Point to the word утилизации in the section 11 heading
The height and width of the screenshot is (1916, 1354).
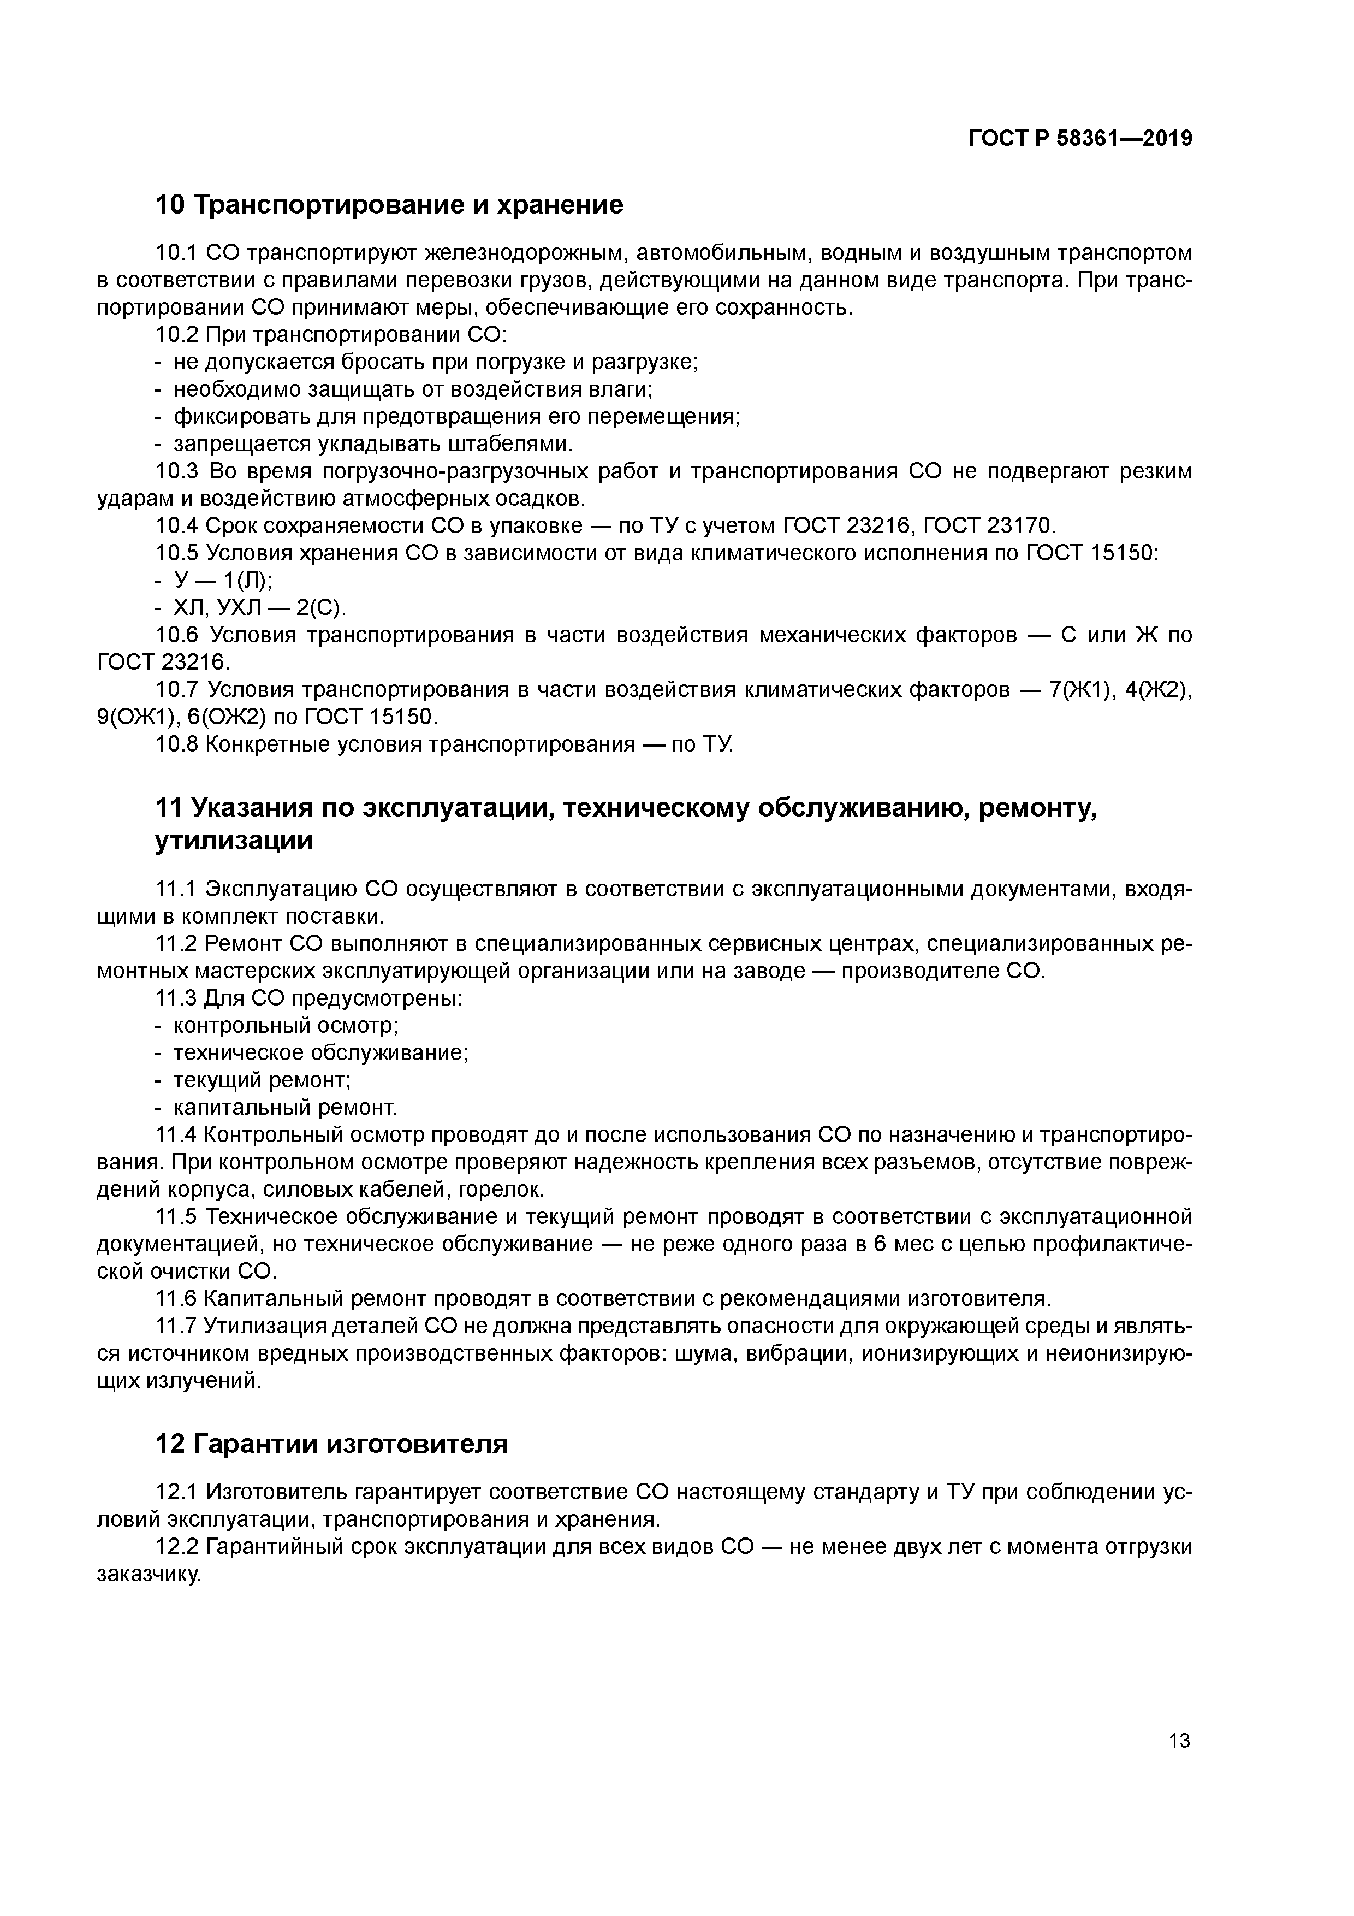pyautogui.click(x=234, y=841)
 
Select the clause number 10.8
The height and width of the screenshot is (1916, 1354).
pyautogui.click(x=177, y=743)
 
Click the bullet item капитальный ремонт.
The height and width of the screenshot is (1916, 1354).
pyautogui.click(x=286, y=1107)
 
